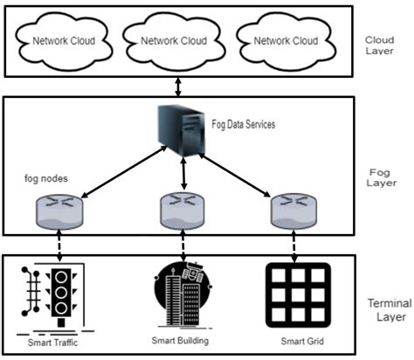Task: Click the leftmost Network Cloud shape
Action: click(x=62, y=40)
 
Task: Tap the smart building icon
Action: click(x=182, y=297)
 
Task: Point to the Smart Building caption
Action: click(x=182, y=340)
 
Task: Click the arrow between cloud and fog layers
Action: click(x=178, y=86)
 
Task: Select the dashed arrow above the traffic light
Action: click(x=58, y=245)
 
